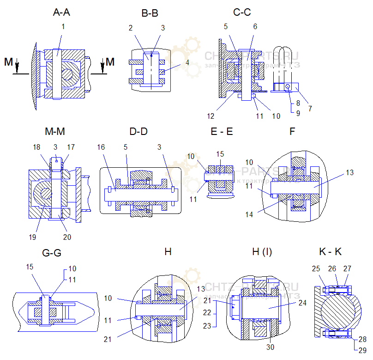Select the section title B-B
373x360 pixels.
[150, 13]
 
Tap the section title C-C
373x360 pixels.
[242, 12]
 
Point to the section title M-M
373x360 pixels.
[55, 132]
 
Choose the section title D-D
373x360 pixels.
[138, 132]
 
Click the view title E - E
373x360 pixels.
[222, 132]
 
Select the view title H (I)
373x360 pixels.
[262, 252]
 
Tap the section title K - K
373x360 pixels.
[331, 252]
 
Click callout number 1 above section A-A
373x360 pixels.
[63, 26]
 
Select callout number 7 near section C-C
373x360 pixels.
[310, 109]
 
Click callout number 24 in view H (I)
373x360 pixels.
[302, 304]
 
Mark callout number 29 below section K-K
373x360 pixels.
[362, 350]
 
